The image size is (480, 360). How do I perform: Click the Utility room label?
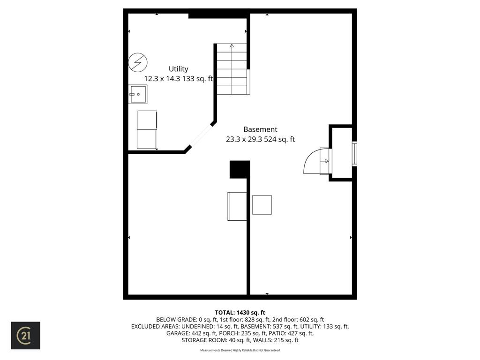pos(178,69)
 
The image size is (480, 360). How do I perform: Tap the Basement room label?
pos(260,129)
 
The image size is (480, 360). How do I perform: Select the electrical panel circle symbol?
pos(138,62)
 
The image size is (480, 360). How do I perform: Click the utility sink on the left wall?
pos(138,94)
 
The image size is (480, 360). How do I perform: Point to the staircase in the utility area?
pos(232,69)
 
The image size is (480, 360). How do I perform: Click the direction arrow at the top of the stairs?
pos(232,46)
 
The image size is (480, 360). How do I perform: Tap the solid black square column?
pos(240,169)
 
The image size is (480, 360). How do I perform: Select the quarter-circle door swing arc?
pos(311,161)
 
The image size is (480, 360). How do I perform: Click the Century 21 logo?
pos(26,336)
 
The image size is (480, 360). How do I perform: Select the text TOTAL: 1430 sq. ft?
pos(240,313)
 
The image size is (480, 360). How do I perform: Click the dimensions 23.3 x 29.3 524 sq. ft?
pos(260,139)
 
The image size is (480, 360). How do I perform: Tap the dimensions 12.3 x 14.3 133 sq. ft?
pos(178,79)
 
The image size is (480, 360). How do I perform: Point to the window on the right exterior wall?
pos(354,154)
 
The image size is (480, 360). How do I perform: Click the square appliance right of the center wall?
pos(262,205)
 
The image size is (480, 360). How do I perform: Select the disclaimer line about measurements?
pos(240,350)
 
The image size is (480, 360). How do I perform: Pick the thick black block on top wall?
pos(218,16)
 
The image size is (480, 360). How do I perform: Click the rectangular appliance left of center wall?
pos(237,206)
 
